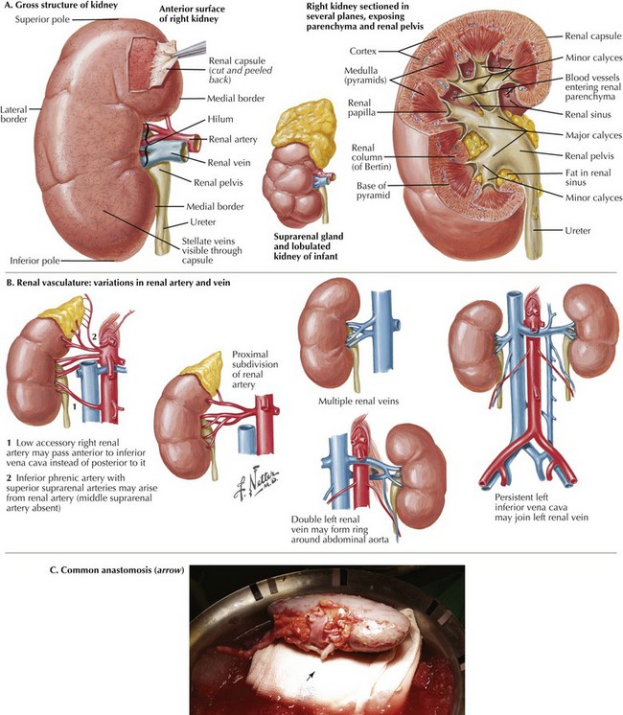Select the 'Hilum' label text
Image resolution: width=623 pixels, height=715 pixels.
point(220,120)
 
